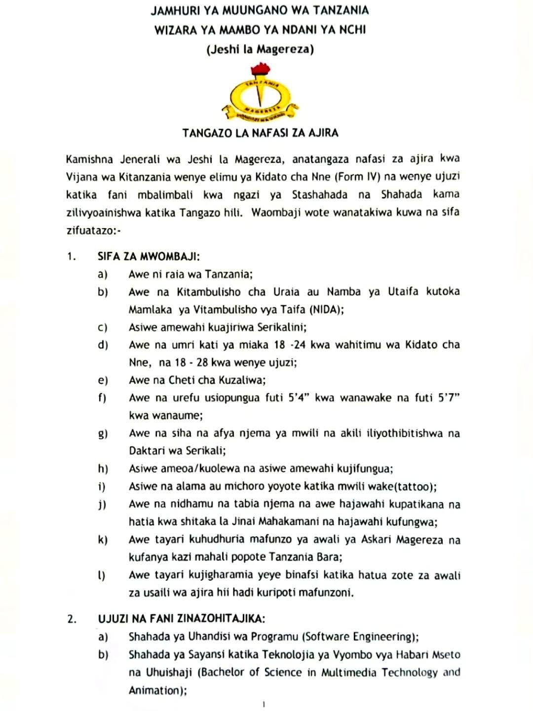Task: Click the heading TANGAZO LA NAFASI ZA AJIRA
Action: click(x=260, y=133)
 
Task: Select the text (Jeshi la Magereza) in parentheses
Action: click(x=260, y=49)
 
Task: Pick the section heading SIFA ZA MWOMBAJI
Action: click(x=149, y=256)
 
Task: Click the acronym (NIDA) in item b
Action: click(x=326, y=310)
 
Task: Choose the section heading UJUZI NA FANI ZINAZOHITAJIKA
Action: click(x=182, y=619)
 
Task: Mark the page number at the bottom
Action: click(x=264, y=705)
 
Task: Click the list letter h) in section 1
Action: click(x=103, y=469)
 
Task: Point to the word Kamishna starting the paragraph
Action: click(x=89, y=159)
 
